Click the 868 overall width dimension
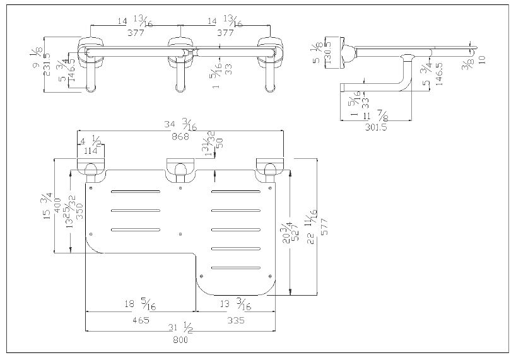click(x=181, y=137)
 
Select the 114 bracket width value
click(x=90, y=151)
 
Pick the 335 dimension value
click(x=236, y=320)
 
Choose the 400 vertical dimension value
click(x=59, y=205)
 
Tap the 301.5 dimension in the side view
click(x=376, y=126)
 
